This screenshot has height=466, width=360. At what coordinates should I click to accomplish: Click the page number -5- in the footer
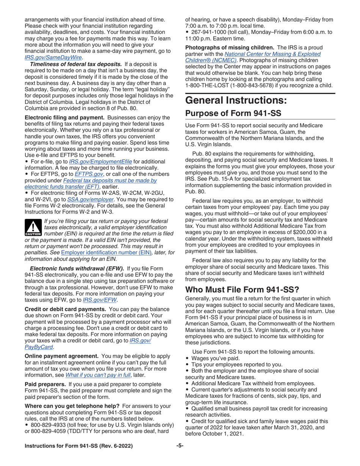pos(180,446)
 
